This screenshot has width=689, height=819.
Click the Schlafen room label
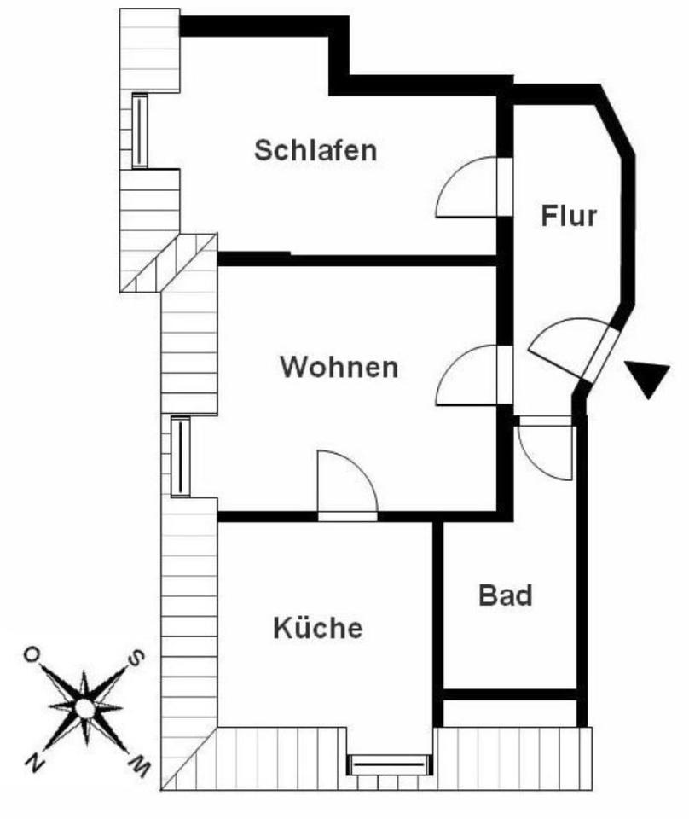tap(316, 150)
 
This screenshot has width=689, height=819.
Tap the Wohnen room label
tap(339, 368)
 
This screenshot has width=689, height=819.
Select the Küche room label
tap(317, 629)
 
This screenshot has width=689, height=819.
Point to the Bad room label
tap(505, 595)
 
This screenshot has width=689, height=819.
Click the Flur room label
tap(569, 216)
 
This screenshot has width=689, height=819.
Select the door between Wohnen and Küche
tap(346, 486)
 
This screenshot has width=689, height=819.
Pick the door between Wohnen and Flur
tap(469, 375)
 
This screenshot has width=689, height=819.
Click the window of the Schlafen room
tap(139, 131)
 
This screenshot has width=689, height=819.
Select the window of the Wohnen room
tap(180, 456)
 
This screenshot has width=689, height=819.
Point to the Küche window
tap(389, 764)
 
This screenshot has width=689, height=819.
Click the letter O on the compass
tap(32, 654)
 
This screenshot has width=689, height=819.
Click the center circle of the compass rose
tap(84, 708)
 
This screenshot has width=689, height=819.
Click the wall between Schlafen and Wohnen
tap(358, 259)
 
